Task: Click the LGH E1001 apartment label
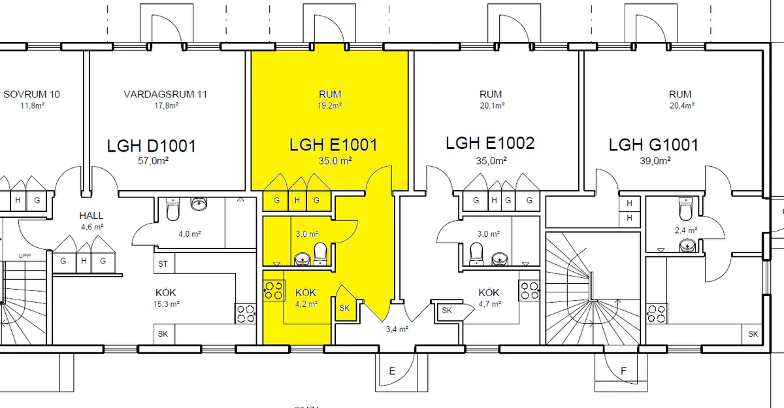333,144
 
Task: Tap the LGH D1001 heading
152,146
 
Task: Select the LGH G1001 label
653,144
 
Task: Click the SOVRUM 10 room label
31,94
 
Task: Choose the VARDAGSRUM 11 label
165,94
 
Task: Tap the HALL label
91,215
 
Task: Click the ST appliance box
163,264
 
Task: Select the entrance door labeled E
392,371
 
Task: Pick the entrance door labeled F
623,371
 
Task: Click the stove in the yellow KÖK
273,290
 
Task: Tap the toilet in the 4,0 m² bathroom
173,211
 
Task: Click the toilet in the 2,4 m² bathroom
685,210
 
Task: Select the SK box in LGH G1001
753,333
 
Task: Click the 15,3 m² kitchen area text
166,304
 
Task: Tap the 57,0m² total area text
152,161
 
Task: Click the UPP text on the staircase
24,255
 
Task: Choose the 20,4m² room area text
681,105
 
